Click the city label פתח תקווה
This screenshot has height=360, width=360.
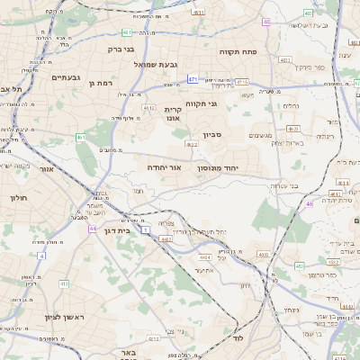tap(238, 52)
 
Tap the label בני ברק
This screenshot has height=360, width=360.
tap(121, 49)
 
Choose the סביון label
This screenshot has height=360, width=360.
tap(211, 135)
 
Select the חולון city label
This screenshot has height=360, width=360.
tap(19, 197)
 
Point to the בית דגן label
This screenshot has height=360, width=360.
tap(112, 230)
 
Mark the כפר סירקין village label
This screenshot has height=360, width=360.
tap(319, 67)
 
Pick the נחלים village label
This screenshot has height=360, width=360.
tap(291, 106)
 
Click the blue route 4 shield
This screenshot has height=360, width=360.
tap(40, 256)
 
